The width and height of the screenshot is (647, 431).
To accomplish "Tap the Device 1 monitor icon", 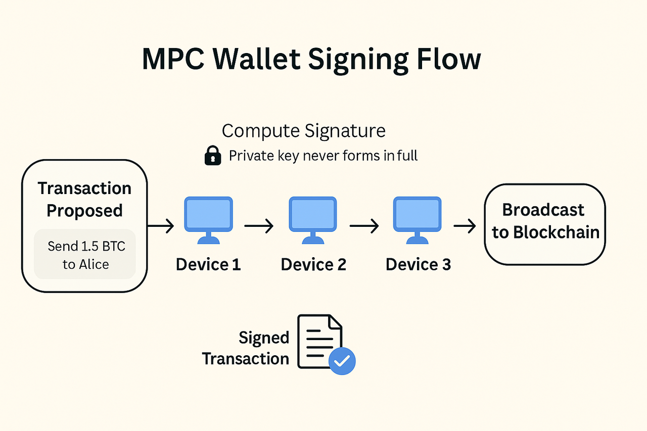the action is pos(209,220).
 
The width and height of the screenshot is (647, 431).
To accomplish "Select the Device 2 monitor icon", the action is pos(313,220).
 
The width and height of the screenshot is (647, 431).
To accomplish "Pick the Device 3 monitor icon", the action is pos(417,220).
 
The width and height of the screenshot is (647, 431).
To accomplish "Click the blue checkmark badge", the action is pos(342,361).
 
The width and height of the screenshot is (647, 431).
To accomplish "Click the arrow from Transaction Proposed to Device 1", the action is pos(161,226).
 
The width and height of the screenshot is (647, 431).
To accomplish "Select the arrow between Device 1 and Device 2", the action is pos(259,226).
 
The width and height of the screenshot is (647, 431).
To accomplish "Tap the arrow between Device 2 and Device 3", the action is pos(364,226).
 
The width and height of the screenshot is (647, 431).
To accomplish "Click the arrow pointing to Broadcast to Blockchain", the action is pos(465,226).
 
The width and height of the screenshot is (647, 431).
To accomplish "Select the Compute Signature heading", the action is pos(304,131).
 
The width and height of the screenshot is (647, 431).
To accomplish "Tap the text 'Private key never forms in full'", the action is pos(323,156).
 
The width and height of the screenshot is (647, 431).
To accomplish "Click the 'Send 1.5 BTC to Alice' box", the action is pos(85,254).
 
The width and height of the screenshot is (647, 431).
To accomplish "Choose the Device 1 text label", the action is pos(208,264).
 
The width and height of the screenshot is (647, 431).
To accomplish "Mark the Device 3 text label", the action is pos(418,264).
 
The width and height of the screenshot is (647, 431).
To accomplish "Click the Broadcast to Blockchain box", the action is pos(545,224).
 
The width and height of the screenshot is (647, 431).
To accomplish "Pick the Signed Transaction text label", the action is pos(246,348).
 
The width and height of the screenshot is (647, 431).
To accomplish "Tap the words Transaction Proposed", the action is pos(84,199).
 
